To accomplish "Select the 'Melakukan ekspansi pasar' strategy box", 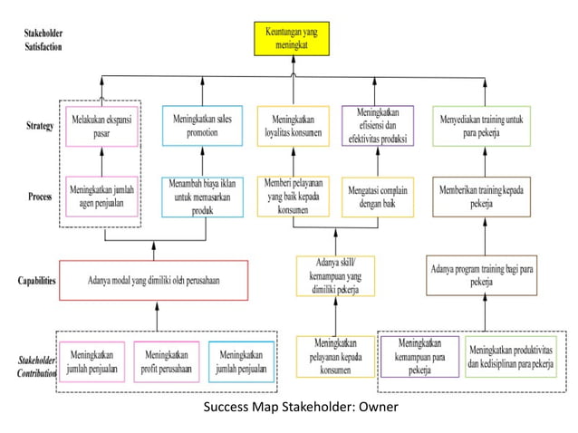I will click(101, 127).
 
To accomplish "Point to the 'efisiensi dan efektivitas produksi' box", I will click(377, 127).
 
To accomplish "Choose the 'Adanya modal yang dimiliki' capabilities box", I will click(155, 281).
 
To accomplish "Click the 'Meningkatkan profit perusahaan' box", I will click(166, 361).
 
